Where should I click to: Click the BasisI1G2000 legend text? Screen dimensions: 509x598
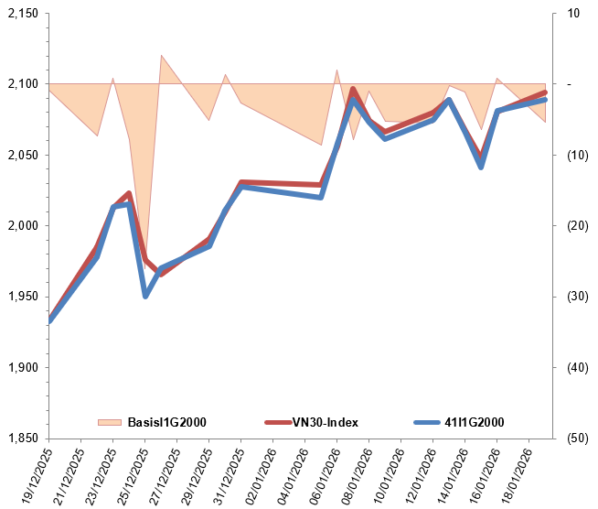click(x=166, y=422)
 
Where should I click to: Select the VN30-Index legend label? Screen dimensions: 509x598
click(x=326, y=422)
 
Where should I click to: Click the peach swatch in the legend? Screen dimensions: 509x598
click(x=109, y=422)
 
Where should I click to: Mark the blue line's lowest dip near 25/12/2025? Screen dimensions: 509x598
click(x=145, y=296)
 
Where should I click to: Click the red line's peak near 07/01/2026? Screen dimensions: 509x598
click(x=353, y=90)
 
